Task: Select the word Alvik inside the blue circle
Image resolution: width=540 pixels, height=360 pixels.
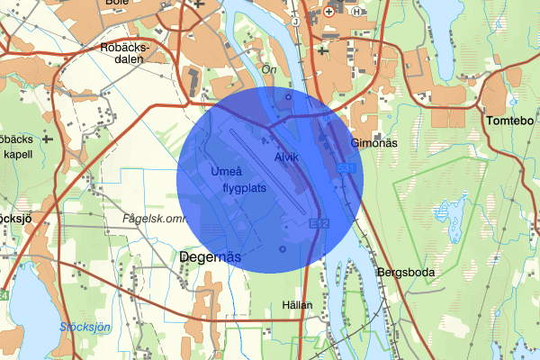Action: click(x=286, y=157)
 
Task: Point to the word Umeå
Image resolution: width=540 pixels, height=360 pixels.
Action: click(x=222, y=171)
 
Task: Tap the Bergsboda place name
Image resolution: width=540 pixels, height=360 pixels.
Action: click(x=401, y=272)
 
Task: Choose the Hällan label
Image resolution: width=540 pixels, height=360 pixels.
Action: click(x=297, y=305)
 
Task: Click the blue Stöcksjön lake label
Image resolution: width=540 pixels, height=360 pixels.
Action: click(x=85, y=328)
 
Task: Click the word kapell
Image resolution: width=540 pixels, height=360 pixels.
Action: click(x=18, y=154)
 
